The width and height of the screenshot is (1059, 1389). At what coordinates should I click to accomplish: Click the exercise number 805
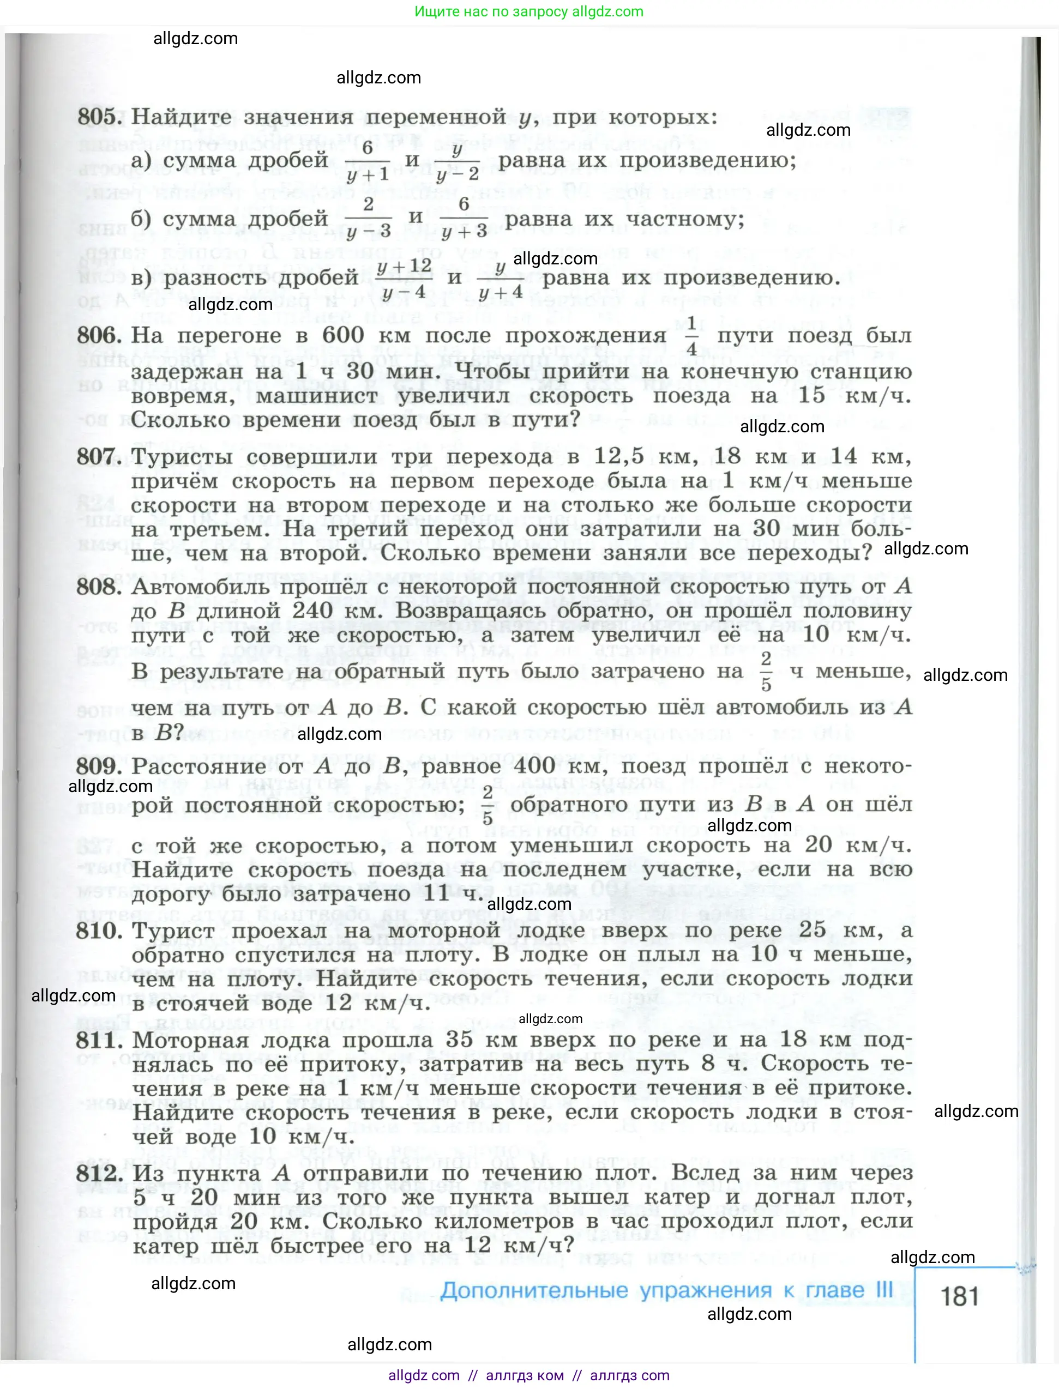point(98,117)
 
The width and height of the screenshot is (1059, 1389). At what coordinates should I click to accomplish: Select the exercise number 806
point(98,335)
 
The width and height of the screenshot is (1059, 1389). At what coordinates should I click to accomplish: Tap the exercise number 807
point(98,456)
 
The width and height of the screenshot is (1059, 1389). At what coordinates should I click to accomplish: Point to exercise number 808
point(98,587)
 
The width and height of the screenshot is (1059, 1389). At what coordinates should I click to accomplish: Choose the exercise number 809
point(98,766)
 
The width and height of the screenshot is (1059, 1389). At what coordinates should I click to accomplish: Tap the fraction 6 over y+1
point(368,161)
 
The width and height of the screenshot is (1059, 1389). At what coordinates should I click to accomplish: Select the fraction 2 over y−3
point(369,218)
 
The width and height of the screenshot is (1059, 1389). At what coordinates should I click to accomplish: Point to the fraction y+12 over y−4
point(404,278)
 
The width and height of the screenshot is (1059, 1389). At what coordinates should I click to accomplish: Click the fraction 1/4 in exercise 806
point(691,336)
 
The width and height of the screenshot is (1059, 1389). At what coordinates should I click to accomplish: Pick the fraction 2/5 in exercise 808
point(766,672)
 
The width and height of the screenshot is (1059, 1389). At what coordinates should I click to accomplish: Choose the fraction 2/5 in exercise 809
point(488,805)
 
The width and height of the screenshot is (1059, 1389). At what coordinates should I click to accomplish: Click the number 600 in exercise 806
point(343,335)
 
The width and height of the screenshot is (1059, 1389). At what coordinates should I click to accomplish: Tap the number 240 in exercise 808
point(312,611)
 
